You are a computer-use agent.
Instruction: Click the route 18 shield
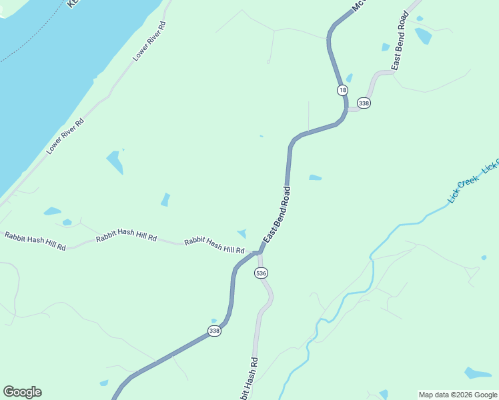[x=342, y=90]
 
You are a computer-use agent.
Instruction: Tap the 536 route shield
[x=261, y=273]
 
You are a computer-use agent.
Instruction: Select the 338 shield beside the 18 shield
[x=364, y=103]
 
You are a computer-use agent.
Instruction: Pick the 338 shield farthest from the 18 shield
[x=214, y=331]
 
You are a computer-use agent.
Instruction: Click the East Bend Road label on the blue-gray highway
[x=278, y=215]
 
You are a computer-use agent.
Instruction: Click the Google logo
[x=22, y=392]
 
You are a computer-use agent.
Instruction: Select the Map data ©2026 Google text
[x=458, y=395]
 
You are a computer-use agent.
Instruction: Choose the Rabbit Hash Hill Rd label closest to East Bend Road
[x=215, y=245]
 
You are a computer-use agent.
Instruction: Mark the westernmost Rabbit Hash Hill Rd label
[x=35, y=240]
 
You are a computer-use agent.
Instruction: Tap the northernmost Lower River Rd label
[x=149, y=41]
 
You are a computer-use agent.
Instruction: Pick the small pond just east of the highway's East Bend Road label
[x=316, y=177]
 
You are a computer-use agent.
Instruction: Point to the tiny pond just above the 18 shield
[x=349, y=78]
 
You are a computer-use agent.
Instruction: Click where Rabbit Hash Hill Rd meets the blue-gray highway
[x=258, y=252]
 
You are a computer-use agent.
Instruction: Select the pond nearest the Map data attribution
[x=477, y=373]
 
